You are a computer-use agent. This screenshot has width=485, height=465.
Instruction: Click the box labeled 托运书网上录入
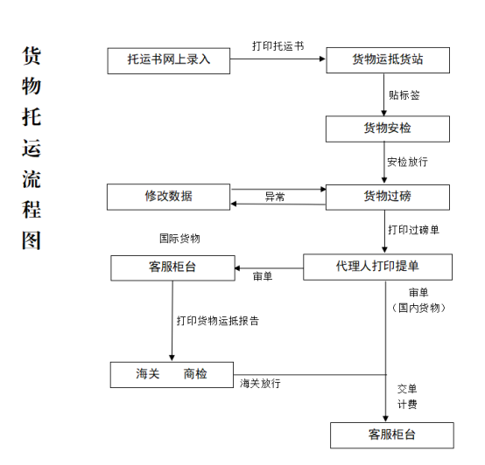tap(169, 61)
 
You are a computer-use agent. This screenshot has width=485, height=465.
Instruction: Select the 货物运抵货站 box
tap(388, 60)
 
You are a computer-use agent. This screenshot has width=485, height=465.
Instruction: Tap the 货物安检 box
tap(388, 129)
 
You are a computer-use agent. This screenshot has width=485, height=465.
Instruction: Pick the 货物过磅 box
tap(388, 198)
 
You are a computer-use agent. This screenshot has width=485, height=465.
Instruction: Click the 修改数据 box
tap(169, 197)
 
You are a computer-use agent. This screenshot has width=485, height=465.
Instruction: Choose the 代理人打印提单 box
tap(377, 267)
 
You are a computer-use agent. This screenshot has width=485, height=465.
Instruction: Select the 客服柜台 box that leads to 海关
tap(173, 268)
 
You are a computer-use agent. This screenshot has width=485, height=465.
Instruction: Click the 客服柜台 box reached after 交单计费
tap(392, 435)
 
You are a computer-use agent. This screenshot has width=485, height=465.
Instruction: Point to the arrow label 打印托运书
tap(278, 46)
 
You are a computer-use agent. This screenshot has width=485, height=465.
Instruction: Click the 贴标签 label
tap(404, 95)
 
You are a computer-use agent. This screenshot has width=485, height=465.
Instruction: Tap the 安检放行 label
tap(407, 162)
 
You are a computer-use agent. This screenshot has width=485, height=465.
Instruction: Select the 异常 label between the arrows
tap(275, 197)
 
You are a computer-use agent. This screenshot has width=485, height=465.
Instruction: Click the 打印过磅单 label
tap(413, 230)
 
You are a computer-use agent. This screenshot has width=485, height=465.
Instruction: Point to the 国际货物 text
tap(179, 239)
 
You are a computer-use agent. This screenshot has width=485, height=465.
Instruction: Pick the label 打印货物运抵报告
tap(218, 321)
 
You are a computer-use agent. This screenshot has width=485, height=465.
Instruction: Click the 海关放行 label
tap(260, 384)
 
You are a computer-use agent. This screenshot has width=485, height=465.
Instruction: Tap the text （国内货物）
tap(418, 308)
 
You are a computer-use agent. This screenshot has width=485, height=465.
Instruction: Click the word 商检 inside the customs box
tap(195, 374)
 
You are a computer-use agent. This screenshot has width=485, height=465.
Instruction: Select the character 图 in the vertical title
tap(32, 240)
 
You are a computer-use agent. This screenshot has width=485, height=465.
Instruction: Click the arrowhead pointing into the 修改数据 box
tap(234, 204)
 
